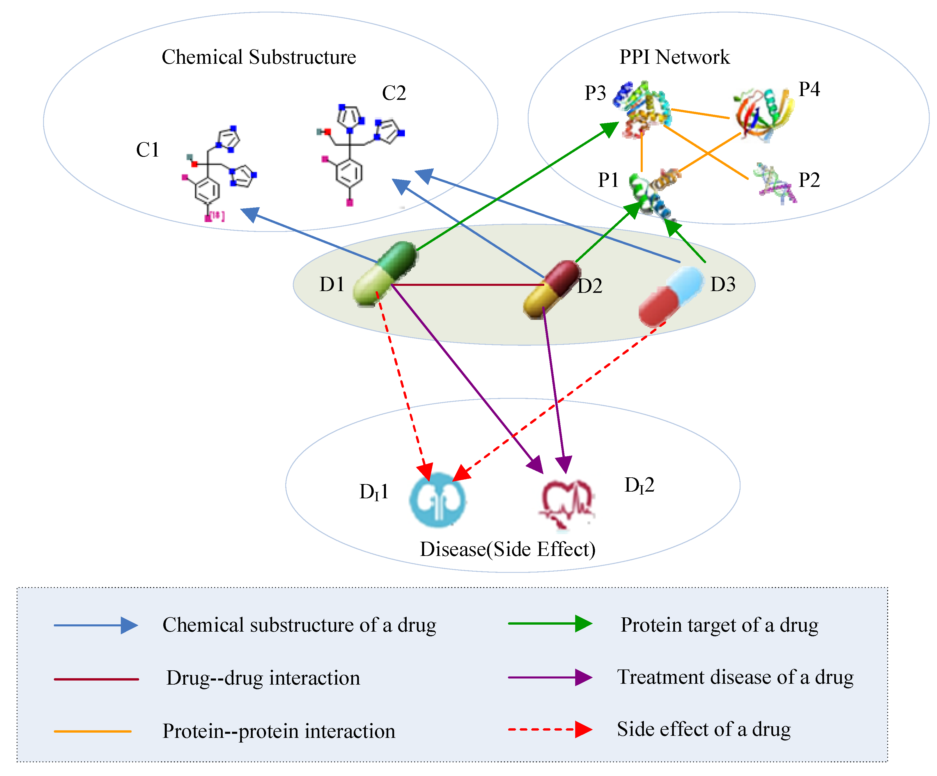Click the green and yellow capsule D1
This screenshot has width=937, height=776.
[x=385, y=273]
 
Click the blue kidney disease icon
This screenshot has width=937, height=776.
[x=437, y=500]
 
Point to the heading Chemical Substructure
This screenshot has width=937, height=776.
[x=259, y=57]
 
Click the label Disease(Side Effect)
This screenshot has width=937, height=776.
[x=507, y=549]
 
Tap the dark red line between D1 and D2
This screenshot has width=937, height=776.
[x=469, y=284]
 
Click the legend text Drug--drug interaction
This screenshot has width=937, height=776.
[x=263, y=678]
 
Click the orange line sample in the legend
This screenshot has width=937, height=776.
[x=93, y=731]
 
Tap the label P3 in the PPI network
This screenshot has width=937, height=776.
[x=595, y=93]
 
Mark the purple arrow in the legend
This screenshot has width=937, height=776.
[x=550, y=677]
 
